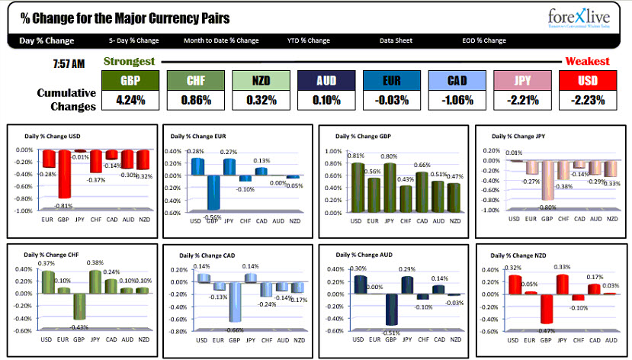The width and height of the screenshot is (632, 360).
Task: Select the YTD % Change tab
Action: coord(309,40)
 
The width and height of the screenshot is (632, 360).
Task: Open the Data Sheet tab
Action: coord(396,40)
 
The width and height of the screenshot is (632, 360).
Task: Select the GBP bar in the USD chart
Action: coord(66,173)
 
